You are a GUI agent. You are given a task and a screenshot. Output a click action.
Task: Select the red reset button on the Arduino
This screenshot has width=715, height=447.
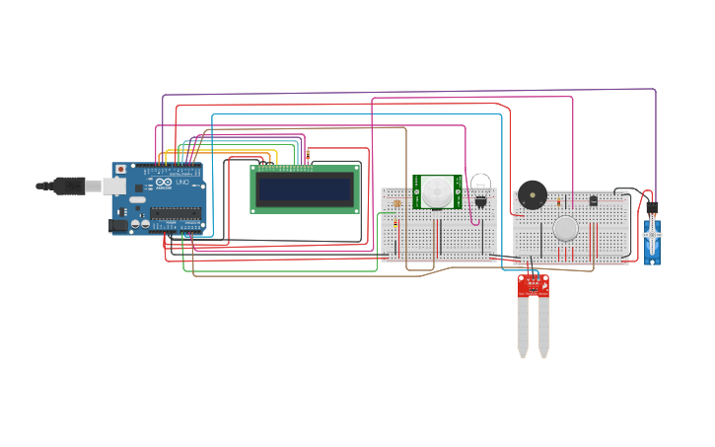(121, 170)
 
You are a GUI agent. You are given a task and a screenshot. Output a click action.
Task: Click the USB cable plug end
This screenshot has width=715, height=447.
(70, 185)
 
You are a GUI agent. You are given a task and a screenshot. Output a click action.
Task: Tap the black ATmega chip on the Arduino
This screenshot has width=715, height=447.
(176, 212)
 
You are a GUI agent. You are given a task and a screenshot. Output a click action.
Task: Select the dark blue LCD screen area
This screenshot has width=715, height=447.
(304, 188)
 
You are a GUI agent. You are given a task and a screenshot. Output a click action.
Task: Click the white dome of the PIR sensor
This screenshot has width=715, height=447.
(437, 191)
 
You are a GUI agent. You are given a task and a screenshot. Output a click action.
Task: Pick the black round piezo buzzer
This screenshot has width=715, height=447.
(533, 194)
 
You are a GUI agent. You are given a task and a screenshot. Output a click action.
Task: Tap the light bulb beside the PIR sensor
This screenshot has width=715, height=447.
(480, 186)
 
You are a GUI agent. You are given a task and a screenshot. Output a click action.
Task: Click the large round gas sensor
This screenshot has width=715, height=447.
(565, 228)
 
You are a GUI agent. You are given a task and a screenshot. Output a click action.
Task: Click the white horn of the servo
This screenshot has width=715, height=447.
(652, 234)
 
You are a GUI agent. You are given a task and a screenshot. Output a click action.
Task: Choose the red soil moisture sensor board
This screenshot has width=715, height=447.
(534, 286)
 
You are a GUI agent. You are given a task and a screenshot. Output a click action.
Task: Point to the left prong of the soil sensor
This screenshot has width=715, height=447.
(522, 327)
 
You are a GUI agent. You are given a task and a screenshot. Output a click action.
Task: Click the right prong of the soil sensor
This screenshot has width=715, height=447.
(543, 327)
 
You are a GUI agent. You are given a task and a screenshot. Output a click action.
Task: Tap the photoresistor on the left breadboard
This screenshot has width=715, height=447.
(396, 203)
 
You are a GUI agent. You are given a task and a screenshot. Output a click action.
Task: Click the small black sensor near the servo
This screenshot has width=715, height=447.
(593, 200)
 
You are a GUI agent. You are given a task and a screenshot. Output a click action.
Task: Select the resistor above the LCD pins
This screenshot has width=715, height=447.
(308, 154)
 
